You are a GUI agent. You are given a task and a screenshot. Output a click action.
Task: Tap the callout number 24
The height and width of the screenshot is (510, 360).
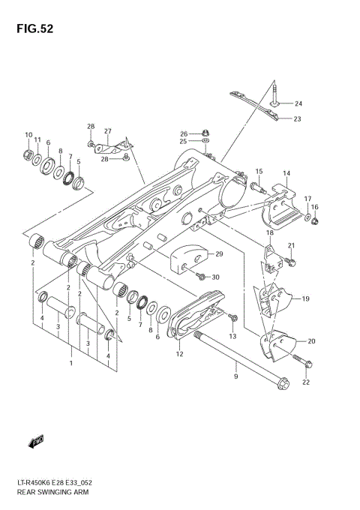(298, 103)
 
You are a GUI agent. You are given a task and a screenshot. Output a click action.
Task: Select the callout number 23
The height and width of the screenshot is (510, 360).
(298, 118)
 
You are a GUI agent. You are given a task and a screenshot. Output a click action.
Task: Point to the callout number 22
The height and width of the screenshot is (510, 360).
(305, 383)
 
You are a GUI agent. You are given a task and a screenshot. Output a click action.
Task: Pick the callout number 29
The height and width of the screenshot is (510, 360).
(219, 254)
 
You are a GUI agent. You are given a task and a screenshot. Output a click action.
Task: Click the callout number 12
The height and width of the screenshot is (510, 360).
(179, 353)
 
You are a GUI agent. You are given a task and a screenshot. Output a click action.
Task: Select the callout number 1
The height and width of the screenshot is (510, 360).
(71, 364)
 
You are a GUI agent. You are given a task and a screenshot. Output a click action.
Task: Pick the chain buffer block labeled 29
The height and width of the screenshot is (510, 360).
(189, 259)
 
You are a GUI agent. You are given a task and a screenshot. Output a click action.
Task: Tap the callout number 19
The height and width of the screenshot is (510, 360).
(306, 298)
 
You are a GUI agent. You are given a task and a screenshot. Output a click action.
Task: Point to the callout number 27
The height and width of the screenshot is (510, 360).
(107, 131)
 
